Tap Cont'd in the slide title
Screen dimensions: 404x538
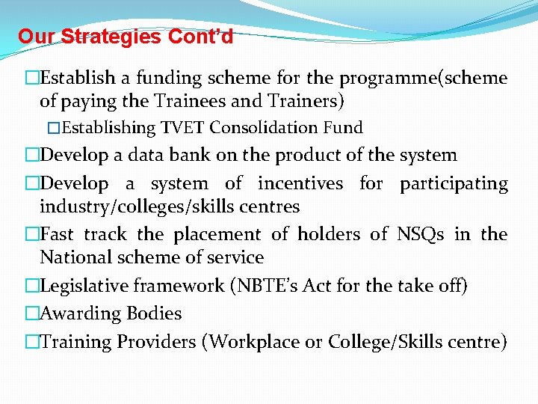[x=200, y=37]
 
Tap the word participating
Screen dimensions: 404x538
[x=454, y=184]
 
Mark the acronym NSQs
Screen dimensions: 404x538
[x=420, y=235]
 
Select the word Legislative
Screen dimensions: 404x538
[x=86, y=286]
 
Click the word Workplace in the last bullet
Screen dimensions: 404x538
[x=257, y=343]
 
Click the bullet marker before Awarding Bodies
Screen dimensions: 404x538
[x=31, y=314]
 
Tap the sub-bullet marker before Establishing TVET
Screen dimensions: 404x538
[x=53, y=128]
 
